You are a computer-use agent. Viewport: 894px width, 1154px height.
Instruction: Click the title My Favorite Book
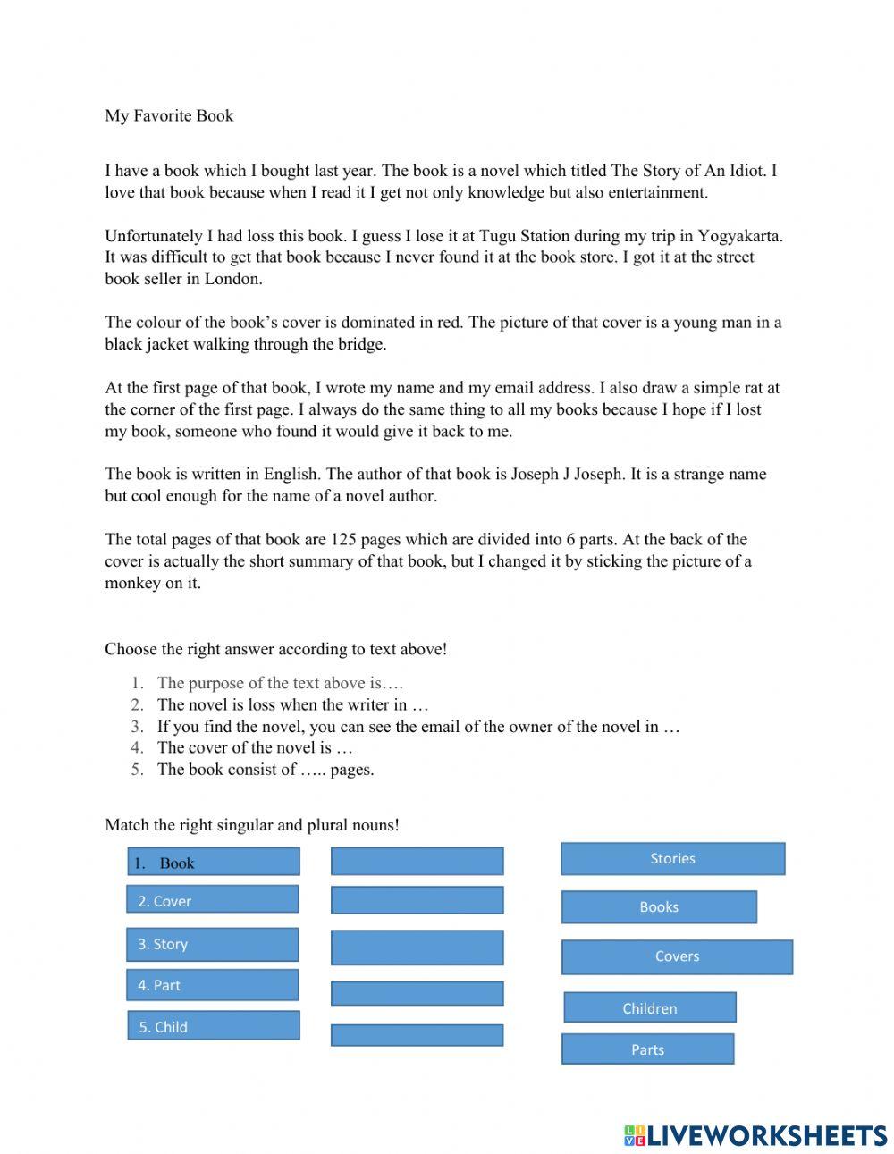click(x=169, y=115)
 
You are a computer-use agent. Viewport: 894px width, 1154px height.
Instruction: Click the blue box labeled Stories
click(x=672, y=858)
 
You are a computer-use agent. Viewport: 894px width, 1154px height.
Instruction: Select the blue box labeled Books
click(x=659, y=906)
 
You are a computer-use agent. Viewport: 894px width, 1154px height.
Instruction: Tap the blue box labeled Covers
click(x=677, y=956)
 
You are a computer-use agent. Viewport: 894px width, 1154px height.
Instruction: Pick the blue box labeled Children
click(x=649, y=1007)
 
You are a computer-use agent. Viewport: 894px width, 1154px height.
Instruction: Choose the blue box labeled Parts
click(x=647, y=1049)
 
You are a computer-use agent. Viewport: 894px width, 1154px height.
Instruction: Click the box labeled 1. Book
click(x=213, y=862)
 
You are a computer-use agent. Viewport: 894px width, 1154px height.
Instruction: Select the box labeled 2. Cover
click(x=212, y=899)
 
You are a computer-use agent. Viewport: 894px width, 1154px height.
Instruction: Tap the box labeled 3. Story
click(x=212, y=944)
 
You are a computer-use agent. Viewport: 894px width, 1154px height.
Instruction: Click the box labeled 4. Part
click(x=212, y=985)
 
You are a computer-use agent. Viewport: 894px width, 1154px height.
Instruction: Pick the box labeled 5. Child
click(x=213, y=1025)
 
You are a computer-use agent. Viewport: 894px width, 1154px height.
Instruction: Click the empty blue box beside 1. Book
click(x=417, y=861)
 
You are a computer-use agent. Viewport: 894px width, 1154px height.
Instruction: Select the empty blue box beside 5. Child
click(x=417, y=1035)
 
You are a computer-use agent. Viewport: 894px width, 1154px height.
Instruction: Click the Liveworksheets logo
click(x=755, y=1135)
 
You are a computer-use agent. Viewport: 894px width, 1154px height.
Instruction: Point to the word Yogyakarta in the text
click(x=739, y=236)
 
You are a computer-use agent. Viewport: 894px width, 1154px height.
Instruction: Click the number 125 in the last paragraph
click(x=345, y=539)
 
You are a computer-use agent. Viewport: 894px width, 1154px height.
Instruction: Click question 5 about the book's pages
click(x=265, y=770)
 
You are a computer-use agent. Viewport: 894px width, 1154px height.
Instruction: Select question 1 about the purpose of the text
click(x=280, y=683)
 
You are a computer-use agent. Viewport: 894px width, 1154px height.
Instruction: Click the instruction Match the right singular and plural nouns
click(x=252, y=824)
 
